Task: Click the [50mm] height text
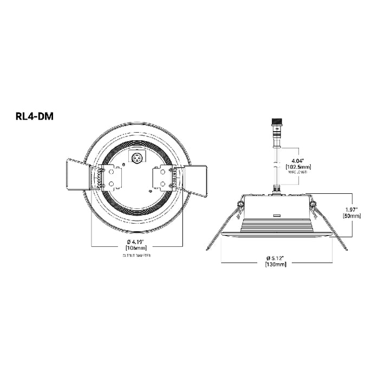point(352,215)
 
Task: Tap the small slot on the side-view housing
point(276,215)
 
